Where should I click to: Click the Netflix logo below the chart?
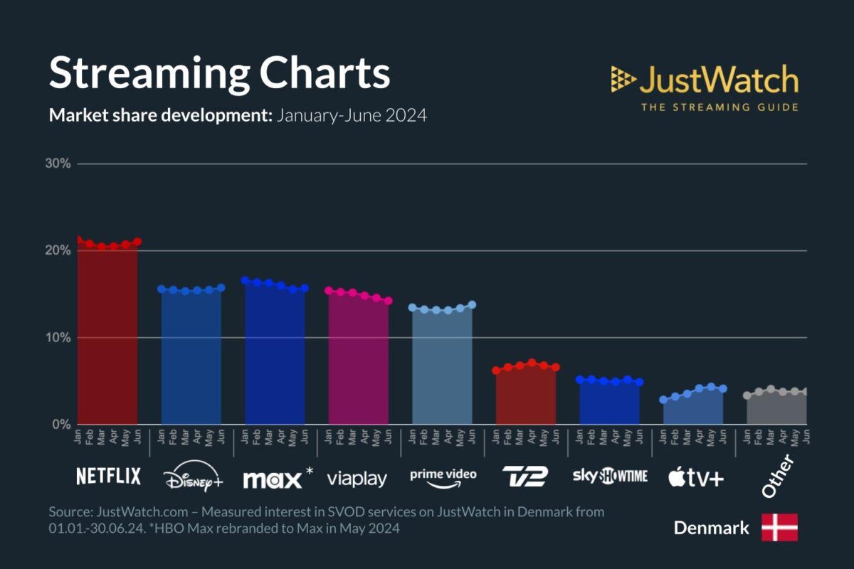(x=108, y=477)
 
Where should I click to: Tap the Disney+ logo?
(x=192, y=479)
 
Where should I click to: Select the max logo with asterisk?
(x=278, y=479)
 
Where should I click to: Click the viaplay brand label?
(x=357, y=479)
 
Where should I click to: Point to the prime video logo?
(x=443, y=477)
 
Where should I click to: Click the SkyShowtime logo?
(x=610, y=477)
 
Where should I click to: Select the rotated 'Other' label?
(x=777, y=477)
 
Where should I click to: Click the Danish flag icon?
(x=779, y=527)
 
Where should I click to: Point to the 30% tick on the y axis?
(x=58, y=164)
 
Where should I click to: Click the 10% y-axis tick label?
(x=58, y=338)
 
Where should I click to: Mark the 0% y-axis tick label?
(x=60, y=425)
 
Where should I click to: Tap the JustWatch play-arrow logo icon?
(x=623, y=80)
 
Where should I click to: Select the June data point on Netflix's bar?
(x=137, y=242)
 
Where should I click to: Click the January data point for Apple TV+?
(x=664, y=400)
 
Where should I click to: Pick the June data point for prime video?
(x=472, y=304)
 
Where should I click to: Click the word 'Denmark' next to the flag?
(x=711, y=528)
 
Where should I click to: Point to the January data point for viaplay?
(x=329, y=290)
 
